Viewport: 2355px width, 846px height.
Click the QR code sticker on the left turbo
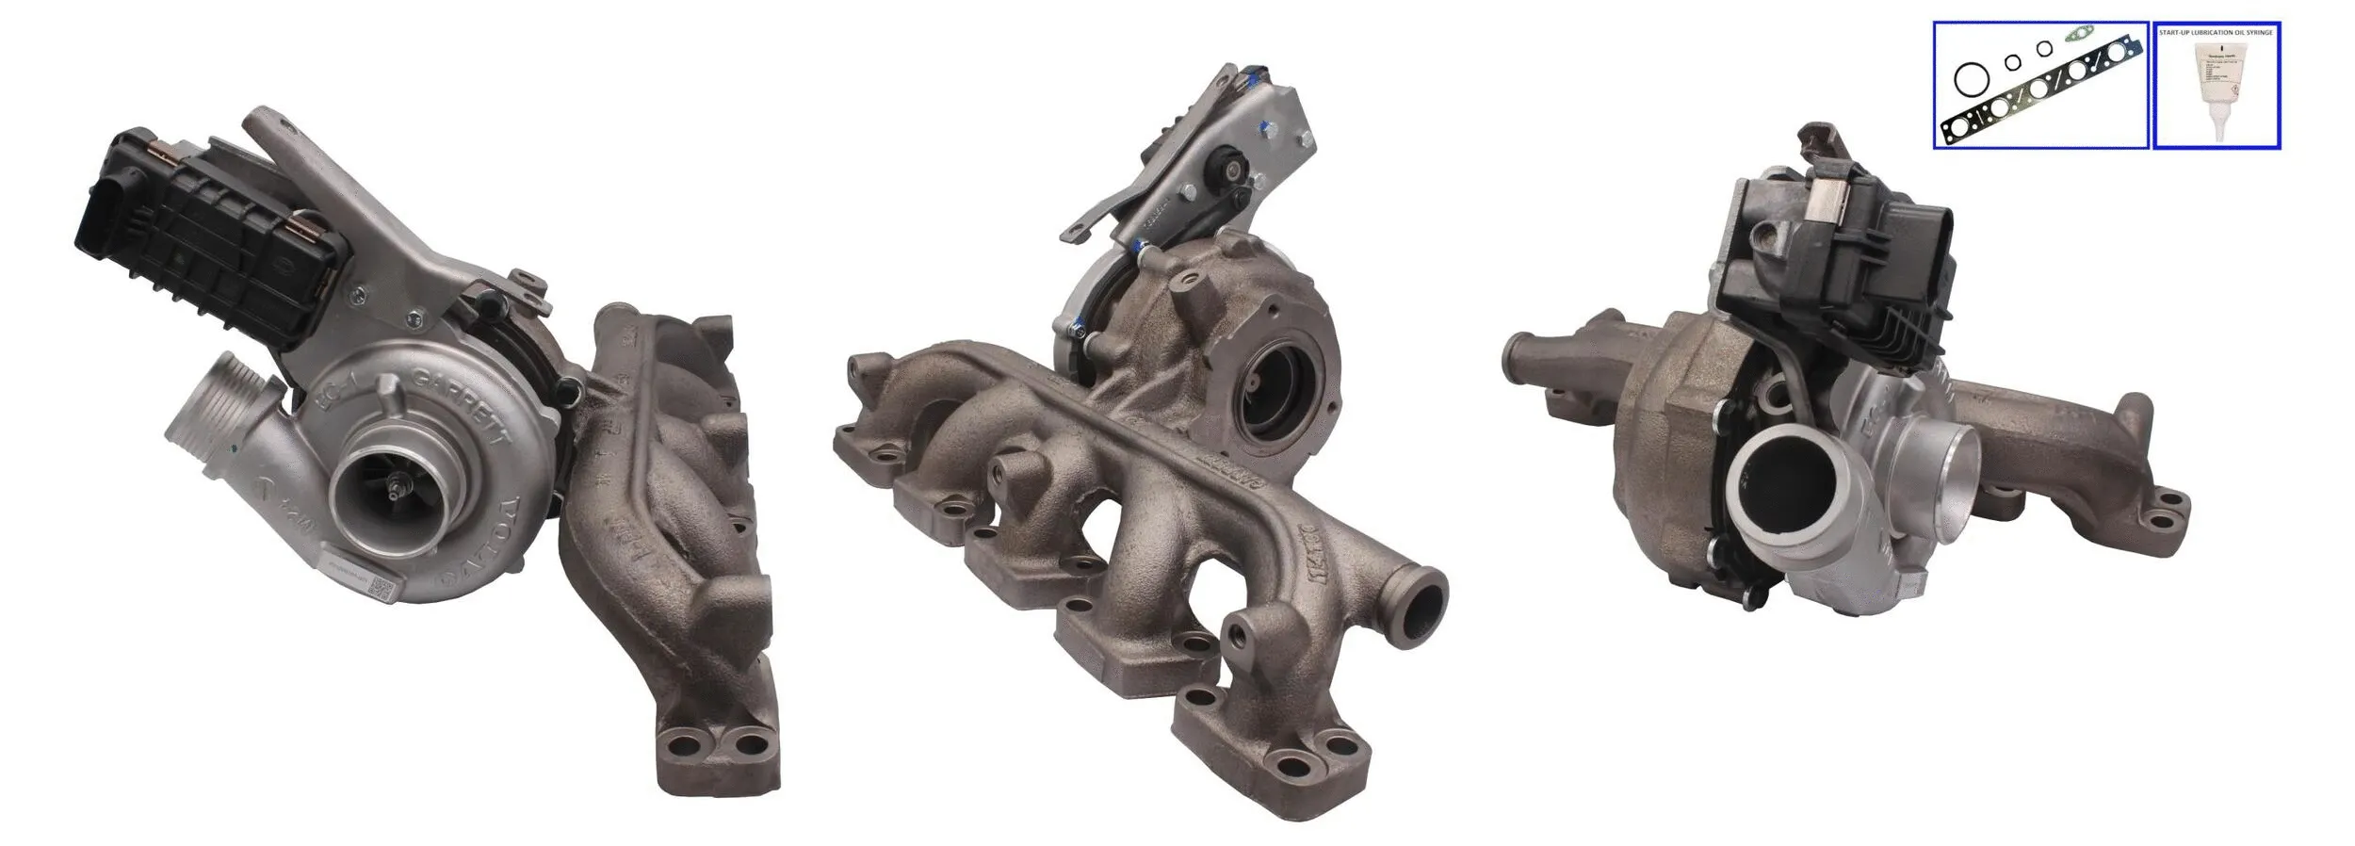pos(379,591)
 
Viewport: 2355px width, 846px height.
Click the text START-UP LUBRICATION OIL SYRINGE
pos(2216,32)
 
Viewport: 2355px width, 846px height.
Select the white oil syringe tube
pos(2214,94)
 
